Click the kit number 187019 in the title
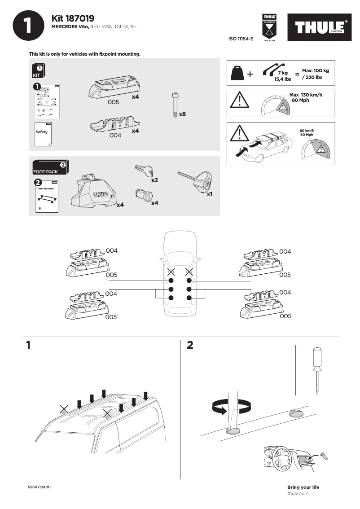[x=80, y=18]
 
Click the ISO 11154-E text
[x=241, y=39]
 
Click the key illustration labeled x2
[x=144, y=171]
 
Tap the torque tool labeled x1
[x=198, y=181]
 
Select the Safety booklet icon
[x=43, y=133]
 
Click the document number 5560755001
[x=39, y=487]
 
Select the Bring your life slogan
[x=303, y=487]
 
